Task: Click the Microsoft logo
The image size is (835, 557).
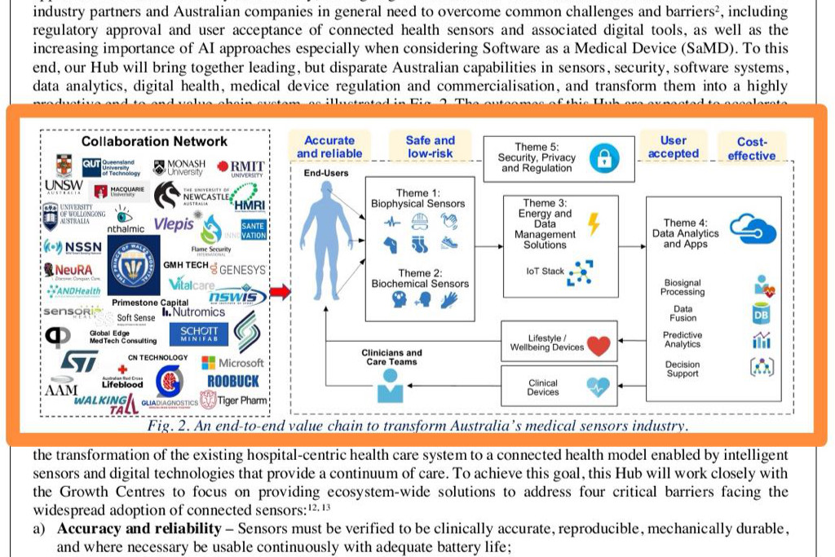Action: pos(232,362)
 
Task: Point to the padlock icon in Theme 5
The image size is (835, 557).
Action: pos(603,157)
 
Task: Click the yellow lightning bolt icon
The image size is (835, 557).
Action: pos(593,223)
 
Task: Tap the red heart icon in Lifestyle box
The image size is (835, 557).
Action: pos(599,346)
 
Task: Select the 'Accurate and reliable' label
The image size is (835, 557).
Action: pos(329,147)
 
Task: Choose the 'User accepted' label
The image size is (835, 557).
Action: pos(673,147)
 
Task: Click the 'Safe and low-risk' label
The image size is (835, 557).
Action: pos(430,147)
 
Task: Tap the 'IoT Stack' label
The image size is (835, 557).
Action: pos(546,271)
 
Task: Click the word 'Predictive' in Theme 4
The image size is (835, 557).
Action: pos(683,335)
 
